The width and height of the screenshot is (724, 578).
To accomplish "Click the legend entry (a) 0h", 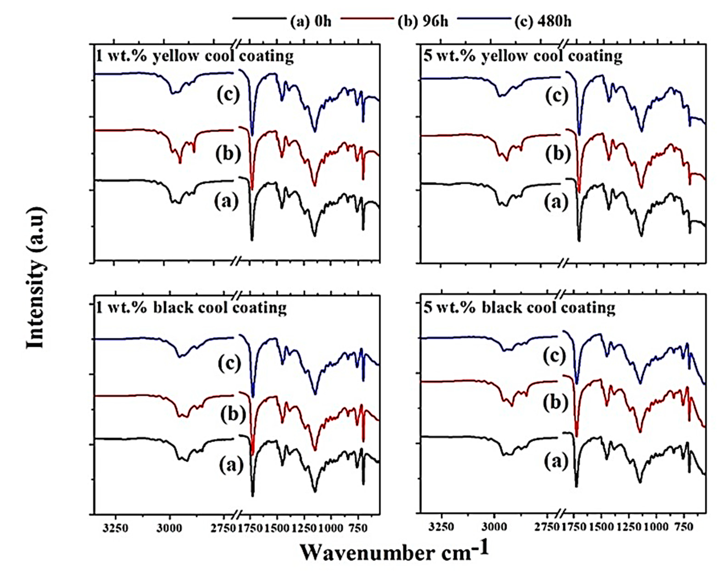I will [x=311, y=21].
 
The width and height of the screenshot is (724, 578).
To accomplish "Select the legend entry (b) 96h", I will [x=423, y=21].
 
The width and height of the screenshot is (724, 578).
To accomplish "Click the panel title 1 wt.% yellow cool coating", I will [x=195, y=56].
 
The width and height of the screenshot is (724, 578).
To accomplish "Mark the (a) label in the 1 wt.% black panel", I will [x=231, y=465].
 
